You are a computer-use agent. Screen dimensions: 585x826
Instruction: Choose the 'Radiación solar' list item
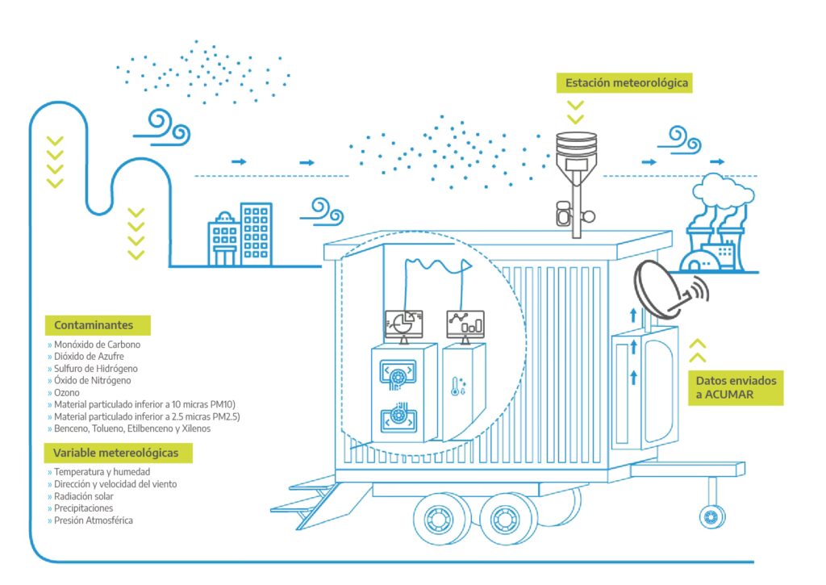point(84,496)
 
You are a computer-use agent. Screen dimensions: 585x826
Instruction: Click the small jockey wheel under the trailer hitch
point(711,514)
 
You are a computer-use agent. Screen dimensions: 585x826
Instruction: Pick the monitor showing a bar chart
point(464,323)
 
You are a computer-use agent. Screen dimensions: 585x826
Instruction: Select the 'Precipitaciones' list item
point(83,508)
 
